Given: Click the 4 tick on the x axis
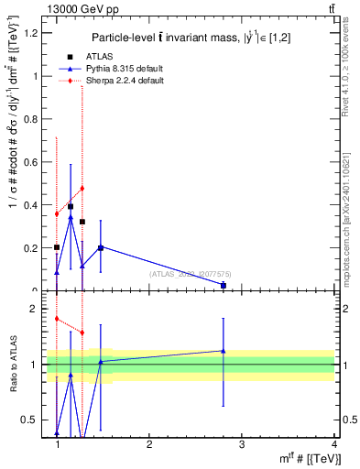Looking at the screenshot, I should click(x=333, y=444).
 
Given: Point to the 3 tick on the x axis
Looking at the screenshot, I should click(x=242, y=444).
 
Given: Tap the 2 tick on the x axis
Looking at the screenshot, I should click(x=149, y=444).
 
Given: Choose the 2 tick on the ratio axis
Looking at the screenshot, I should click(x=35, y=309).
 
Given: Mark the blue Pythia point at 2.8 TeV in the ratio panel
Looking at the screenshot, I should click(x=224, y=351).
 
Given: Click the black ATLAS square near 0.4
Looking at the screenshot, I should click(x=71, y=207).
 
